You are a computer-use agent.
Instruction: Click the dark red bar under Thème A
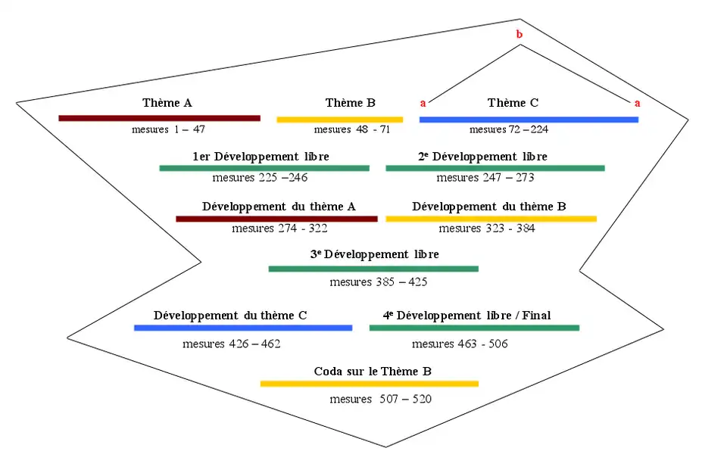[x=159, y=118]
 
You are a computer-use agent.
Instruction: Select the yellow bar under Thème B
[x=339, y=120]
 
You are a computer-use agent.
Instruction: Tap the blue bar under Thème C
[x=529, y=120]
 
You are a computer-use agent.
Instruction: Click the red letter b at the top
[x=519, y=34]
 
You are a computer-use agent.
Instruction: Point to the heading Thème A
[x=167, y=103]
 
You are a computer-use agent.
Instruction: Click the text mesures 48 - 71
[x=352, y=129]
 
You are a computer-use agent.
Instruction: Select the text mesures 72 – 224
[x=509, y=129]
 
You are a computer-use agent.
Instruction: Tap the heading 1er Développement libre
[x=261, y=157]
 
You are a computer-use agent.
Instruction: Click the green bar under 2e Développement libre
[x=495, y=168]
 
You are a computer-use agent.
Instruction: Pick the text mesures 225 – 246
[x=260, y=178]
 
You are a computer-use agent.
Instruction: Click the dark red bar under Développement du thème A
[x=276, y=219]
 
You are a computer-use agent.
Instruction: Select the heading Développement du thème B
[x=489, y=206]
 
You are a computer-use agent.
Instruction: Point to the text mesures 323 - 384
[x=487, y=228]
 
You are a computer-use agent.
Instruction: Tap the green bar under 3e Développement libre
[x=373, y=269]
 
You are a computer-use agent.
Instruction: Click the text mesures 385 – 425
[x=379, y=282]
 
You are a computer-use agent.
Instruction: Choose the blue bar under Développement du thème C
[x=243, y=328]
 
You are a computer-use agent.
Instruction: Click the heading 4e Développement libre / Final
[x=466, y=316]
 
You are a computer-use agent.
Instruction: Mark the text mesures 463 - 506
[x=460, y=344]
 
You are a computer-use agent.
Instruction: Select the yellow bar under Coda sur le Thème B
[x=370, y=384]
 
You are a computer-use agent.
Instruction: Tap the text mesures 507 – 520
[x=381, y=399]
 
